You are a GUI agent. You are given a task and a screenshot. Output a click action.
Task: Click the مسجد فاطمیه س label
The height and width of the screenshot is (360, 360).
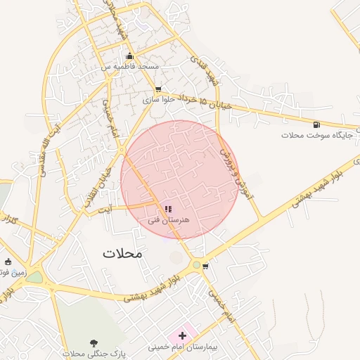click(129, 66)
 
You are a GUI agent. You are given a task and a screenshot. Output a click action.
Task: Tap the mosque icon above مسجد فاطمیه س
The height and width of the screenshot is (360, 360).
click(129, 56)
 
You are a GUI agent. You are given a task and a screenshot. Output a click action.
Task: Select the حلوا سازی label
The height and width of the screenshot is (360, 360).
click(157, 100)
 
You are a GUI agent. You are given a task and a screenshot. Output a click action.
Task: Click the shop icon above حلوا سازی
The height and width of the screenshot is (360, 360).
click(157, 90)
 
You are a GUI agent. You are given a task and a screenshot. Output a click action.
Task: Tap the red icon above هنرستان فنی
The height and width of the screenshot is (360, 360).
click(167, 209)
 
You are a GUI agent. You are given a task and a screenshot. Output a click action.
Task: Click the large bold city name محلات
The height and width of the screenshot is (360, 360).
click(122, 254)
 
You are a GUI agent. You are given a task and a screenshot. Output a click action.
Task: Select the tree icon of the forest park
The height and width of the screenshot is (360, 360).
click(94, 342)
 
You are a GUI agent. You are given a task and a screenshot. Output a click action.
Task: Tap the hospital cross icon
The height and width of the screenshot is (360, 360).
click(183, 336)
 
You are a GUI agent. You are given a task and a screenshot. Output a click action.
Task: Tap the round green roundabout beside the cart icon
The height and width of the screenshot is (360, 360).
click(195, 264)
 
